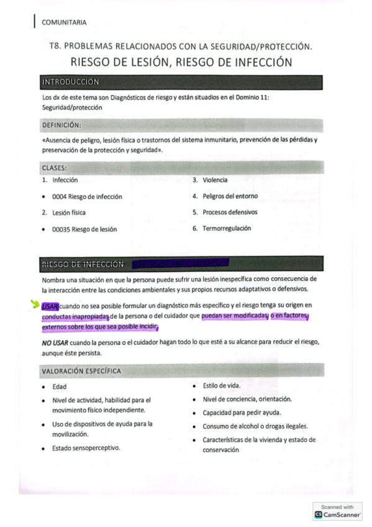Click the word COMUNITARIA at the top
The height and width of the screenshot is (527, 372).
64,22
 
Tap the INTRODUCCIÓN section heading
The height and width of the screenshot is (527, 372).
70,81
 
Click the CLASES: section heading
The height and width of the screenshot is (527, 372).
55,168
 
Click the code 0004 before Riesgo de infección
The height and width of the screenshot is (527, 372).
60,196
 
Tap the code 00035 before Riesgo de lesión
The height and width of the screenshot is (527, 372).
61,229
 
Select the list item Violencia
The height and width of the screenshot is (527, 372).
215,180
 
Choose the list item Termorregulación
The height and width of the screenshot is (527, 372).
227,228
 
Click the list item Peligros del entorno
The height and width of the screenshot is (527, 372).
230,196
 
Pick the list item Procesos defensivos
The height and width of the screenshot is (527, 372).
230,212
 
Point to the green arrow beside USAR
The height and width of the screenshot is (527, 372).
35,304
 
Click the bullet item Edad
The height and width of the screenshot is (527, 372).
60,387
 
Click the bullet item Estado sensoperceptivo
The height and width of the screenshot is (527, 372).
86,447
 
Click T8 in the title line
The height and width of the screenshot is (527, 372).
54,47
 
